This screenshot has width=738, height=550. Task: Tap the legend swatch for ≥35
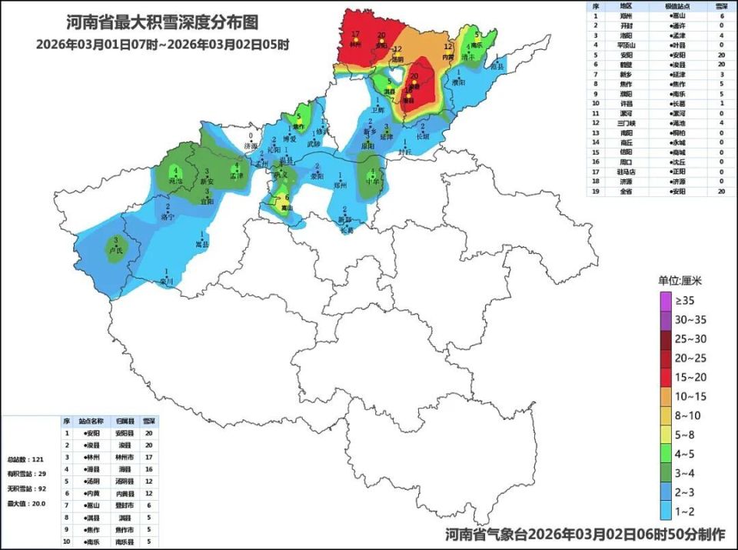pos(666,301)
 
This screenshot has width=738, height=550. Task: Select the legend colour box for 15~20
pos(666,377)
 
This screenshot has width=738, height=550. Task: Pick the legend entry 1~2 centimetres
pos(666,510)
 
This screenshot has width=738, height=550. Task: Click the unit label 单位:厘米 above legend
pos(680,281)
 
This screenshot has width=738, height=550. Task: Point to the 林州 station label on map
pos(354,45)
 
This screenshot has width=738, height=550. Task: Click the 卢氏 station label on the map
pos(116,251)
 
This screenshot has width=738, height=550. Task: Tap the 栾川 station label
pos(167,282)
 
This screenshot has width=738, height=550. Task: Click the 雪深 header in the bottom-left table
pos(149,422)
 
